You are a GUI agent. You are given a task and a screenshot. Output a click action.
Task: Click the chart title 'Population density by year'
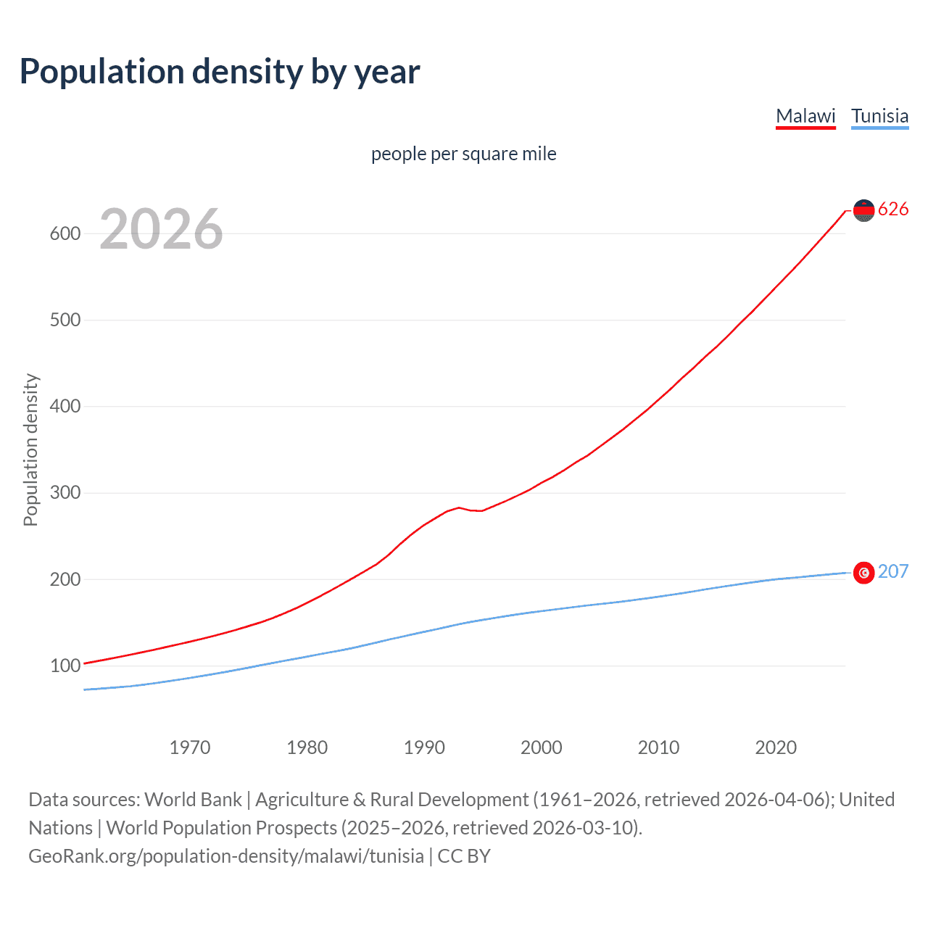pyautogui.click(x=220, y=72)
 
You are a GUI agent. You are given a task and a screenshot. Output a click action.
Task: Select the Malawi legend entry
pyautogui.click(x=805, y=116)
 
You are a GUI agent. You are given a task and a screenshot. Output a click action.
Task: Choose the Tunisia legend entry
pyautogui.click(x=879, y=116)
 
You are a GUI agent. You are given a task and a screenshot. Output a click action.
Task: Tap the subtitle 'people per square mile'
pyautogui.click(x=463, y=154)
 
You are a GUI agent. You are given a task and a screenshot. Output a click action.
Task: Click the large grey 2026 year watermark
pyautogui.click(x=161, y=229)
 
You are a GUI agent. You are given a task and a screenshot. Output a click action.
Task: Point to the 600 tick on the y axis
pyautogui.click(x=65, y=233)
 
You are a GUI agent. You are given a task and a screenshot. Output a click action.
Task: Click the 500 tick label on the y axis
pyautogui.click(x=65, y=320)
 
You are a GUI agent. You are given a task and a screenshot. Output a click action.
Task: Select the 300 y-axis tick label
pyautogui.click(x=65, y=493)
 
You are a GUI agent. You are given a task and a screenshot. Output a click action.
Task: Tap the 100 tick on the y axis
pyautogui.click(x=65, y=666)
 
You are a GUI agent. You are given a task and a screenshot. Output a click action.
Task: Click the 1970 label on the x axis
pyautogui.click(x=190, y=747)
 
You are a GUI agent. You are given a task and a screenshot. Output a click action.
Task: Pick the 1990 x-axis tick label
pyautogui.click(x=424, y=747)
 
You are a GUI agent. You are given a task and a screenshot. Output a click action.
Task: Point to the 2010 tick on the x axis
pyautogui.click(x=658, y=747)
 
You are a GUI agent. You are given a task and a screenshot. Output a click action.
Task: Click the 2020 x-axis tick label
pyautogui.click(x=776, y=747)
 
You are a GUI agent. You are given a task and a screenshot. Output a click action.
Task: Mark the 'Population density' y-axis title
pyautogui.click(x=30, y=449)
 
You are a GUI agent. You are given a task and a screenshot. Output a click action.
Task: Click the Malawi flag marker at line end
pyautogui.click(x=863, y=210)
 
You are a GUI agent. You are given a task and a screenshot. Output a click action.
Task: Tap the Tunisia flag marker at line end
pyautogui.click(x=863, y=573)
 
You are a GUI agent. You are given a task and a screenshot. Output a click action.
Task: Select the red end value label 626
pyautogui.click(x=893, y=210)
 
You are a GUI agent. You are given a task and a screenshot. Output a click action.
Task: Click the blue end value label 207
pyautogui.click(x=893, y=572)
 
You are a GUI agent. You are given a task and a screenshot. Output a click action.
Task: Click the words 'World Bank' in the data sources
pyautogui.click(x=193, y=800)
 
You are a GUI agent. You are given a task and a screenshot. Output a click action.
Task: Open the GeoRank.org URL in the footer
pyautogui.click(x=226, y=856)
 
